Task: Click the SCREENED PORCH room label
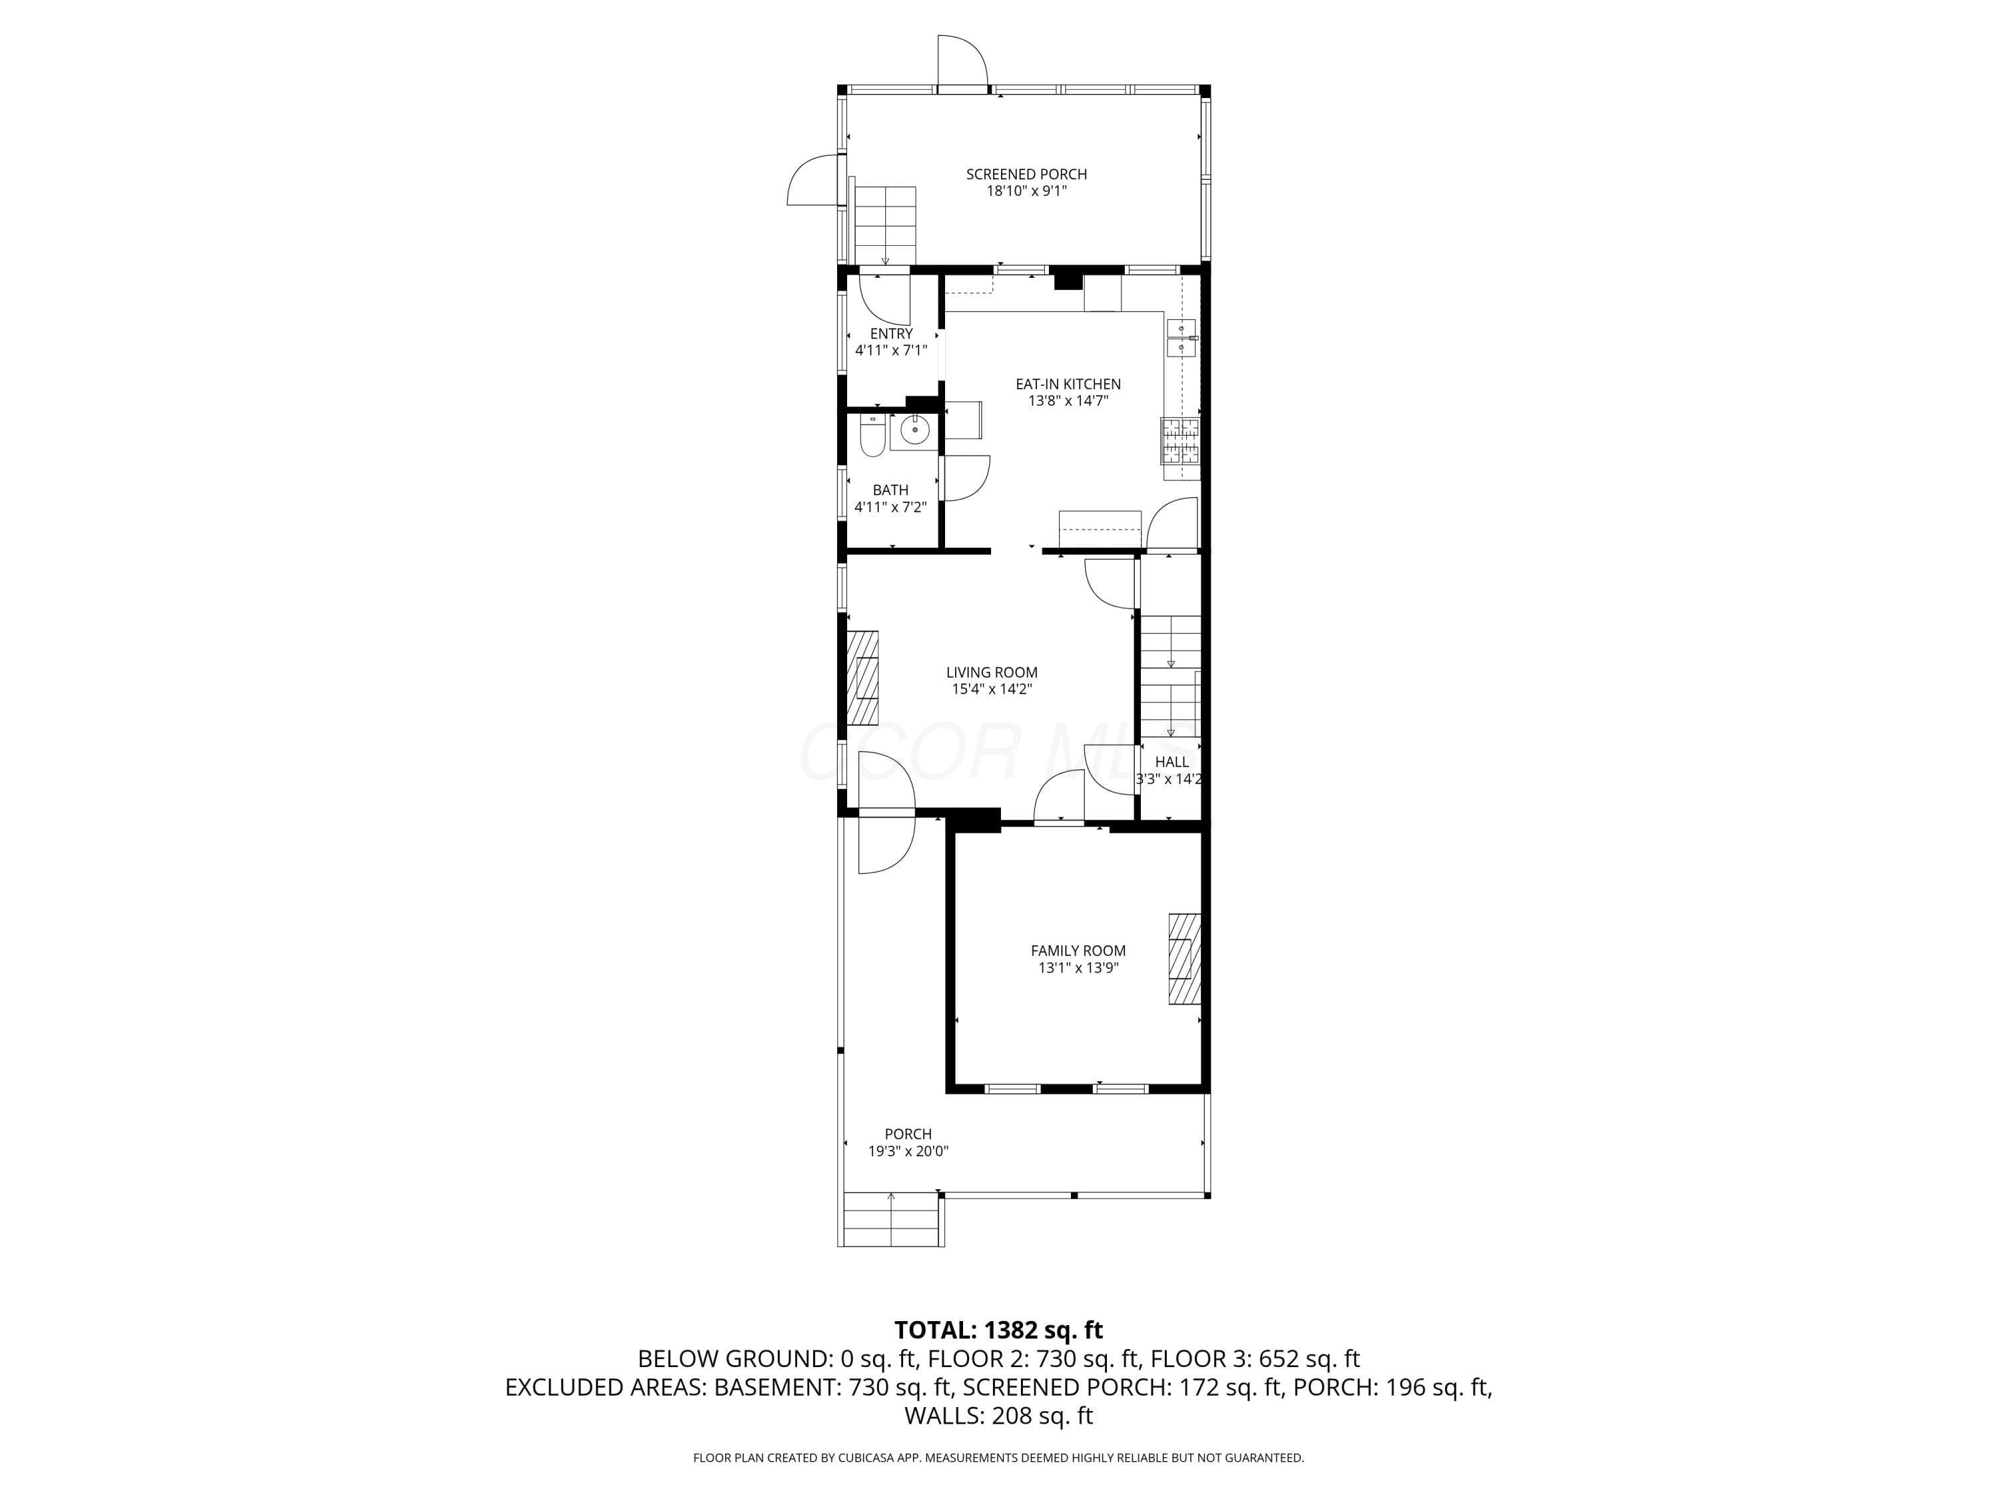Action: tap(1026, 175)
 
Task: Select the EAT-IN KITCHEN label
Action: tap(1068, 384)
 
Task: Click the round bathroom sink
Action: tap(915, 431)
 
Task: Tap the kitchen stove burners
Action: tap(1179, 441)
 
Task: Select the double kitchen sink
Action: tap(1181, 339)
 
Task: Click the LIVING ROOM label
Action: tap(992, 672)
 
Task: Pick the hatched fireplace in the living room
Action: tap(862, 677)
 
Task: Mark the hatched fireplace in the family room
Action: tap(1185, 959)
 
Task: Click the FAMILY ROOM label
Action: tap(1078, 951)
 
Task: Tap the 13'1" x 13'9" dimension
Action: tap(1078, 968)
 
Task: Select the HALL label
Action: tap(1171, 761)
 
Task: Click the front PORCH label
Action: tap(908, 1134)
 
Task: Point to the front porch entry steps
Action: tap(892, 1220)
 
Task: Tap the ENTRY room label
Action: tap(892, 333)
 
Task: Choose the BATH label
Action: tap(890, 490)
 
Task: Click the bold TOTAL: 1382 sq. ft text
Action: tap(998, 1330)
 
